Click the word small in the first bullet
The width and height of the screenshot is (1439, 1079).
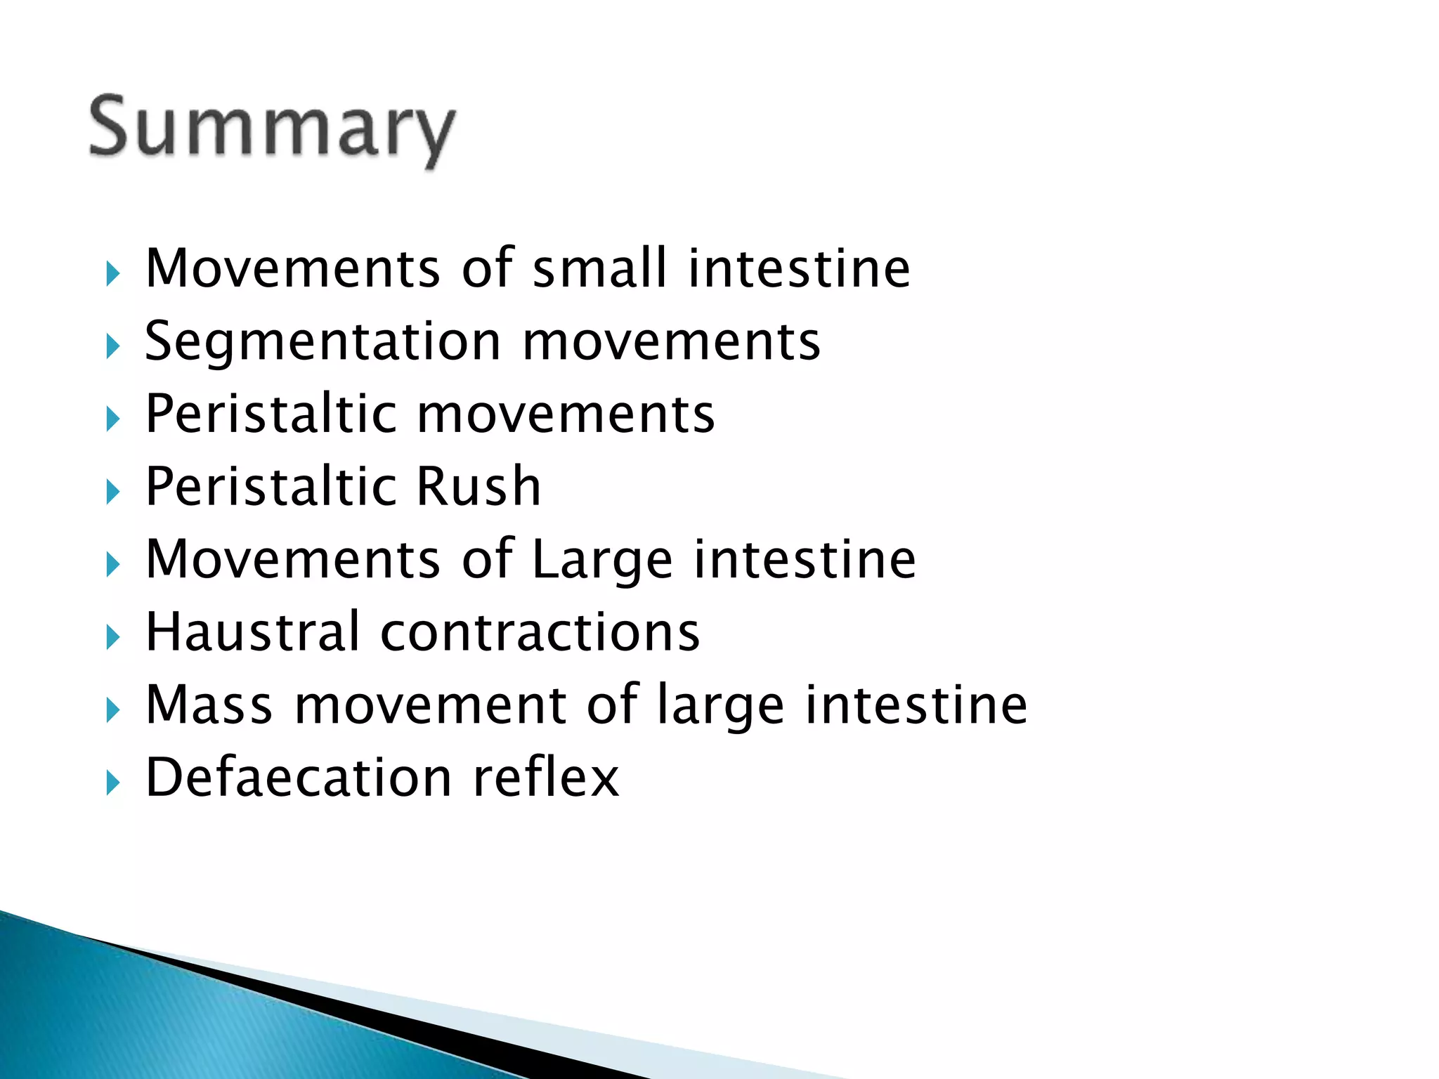pyautogui.click(x=599, y=268)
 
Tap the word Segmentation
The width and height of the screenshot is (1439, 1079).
pyautogui.click(x=323, y=342)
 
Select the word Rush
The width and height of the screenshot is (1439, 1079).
pyautogui.click(x=478, y=486)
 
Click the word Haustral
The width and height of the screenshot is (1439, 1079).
pyautogui.click(x=252, y=632)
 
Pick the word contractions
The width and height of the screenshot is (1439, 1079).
pyautogui.click(x=540, y=632)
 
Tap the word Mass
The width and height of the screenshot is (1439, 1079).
pyautogui.click(x=209, y=705)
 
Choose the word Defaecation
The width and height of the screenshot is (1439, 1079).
pyautogui.click(x=299, y=778)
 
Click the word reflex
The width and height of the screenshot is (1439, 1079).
pyautogui.click(x=546, y=778)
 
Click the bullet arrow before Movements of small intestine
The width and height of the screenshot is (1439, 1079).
pyautogui.click(x=112, y=273)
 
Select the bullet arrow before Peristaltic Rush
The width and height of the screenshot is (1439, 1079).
pyautogui.click(x=112, y=491)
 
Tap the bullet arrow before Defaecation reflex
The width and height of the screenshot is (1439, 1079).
pyautogui.click(x=112, y=783)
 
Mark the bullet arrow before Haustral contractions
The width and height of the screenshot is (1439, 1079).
pyautogui.click(x=112, y=637)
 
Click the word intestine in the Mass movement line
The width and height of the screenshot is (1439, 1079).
pyautogui.click(x=916, y=705)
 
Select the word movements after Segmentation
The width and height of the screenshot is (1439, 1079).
pyautogui.click(x=671, y=342)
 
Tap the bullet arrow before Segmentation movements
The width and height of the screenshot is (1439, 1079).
pyautogui.click(x=112, y=346)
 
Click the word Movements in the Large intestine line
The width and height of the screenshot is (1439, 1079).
pyautogui.click(x=292, y=560)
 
